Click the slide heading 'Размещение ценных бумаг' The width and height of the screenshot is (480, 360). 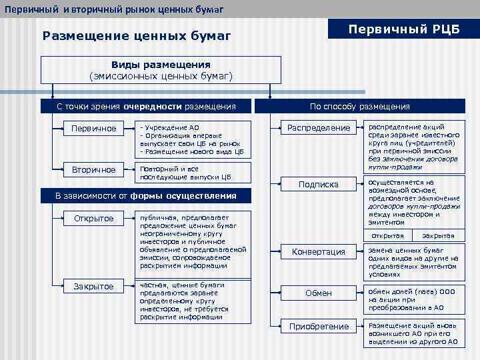(136, 36)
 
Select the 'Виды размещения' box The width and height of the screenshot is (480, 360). (161, 70)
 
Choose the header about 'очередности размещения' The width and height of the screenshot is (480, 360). (146, 106)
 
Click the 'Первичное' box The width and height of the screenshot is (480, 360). (93, 128)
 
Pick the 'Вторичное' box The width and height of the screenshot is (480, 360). (93, 170)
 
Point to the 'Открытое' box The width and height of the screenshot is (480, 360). (93, 219)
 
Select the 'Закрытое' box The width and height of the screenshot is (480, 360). (93, 287)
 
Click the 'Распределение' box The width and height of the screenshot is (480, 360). (318, 127)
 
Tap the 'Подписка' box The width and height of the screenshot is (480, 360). (318, 184)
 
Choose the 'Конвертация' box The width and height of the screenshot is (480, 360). (318, 251)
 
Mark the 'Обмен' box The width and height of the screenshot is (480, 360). (318, 293)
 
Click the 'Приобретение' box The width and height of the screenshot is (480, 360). (318, 327)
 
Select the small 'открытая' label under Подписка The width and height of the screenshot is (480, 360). (387, 236)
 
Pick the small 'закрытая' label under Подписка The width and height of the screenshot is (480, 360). (438, 236)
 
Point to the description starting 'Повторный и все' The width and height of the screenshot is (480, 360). (193, 173)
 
